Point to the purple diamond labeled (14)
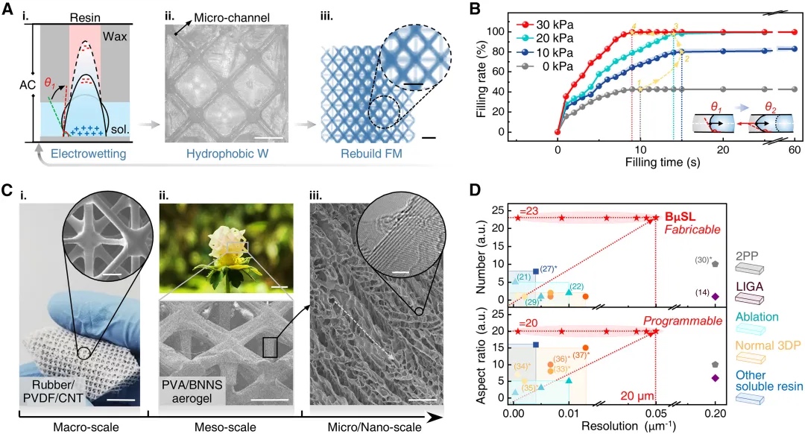(x=716, y=296)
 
